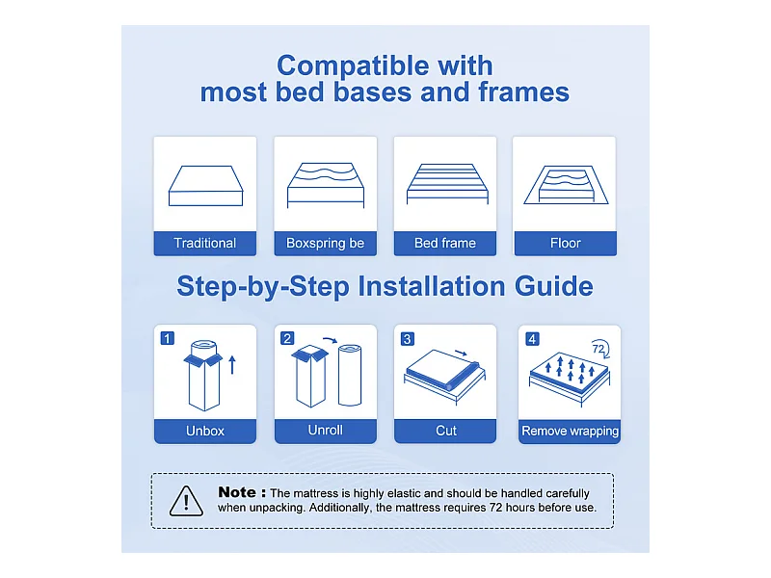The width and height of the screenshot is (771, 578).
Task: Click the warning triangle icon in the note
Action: point(186,501)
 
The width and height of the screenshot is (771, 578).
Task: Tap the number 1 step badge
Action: point(168,338)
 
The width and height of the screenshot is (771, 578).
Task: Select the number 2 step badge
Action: point(287,338)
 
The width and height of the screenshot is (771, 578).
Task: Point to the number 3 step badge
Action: point(407,339)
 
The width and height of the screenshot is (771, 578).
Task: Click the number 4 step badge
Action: point(532,339)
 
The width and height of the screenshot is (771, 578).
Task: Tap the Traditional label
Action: point(205,243)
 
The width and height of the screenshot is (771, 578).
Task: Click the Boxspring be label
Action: point(325,244)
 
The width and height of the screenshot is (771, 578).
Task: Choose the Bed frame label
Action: point(445,243)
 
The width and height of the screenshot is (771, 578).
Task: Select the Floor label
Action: point(566,243)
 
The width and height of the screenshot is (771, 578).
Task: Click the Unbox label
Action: point(205,431)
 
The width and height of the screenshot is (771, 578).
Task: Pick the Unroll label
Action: point(325,430)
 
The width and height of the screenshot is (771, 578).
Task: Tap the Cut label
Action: point(446,431)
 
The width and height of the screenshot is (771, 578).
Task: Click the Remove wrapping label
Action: point(570,431)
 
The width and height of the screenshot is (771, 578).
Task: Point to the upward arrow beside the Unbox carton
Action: point(232,365)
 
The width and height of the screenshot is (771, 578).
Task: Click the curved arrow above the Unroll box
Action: point(330,340)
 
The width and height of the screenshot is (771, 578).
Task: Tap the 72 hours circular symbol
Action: point(600,349)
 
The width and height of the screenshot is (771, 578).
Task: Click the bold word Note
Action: point(237,492)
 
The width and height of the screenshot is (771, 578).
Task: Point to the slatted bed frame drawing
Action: point(447,183)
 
